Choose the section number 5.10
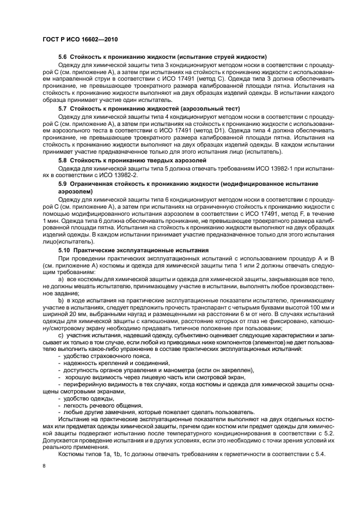click(x=65, y=250)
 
